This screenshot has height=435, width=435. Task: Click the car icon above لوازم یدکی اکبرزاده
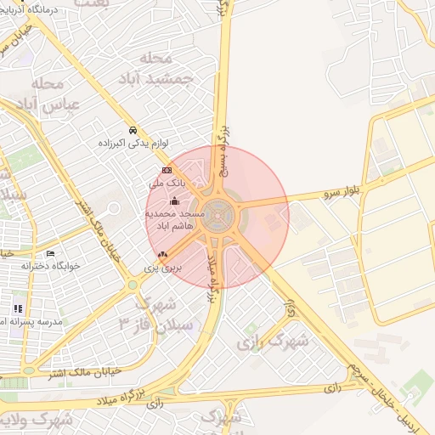[133, 130]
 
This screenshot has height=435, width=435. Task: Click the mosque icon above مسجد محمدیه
[175, 201]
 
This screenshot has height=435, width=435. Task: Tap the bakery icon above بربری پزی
[162, 254]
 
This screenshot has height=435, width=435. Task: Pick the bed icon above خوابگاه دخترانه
[50, 253]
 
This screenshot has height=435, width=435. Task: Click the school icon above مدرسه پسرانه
[18, 308]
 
